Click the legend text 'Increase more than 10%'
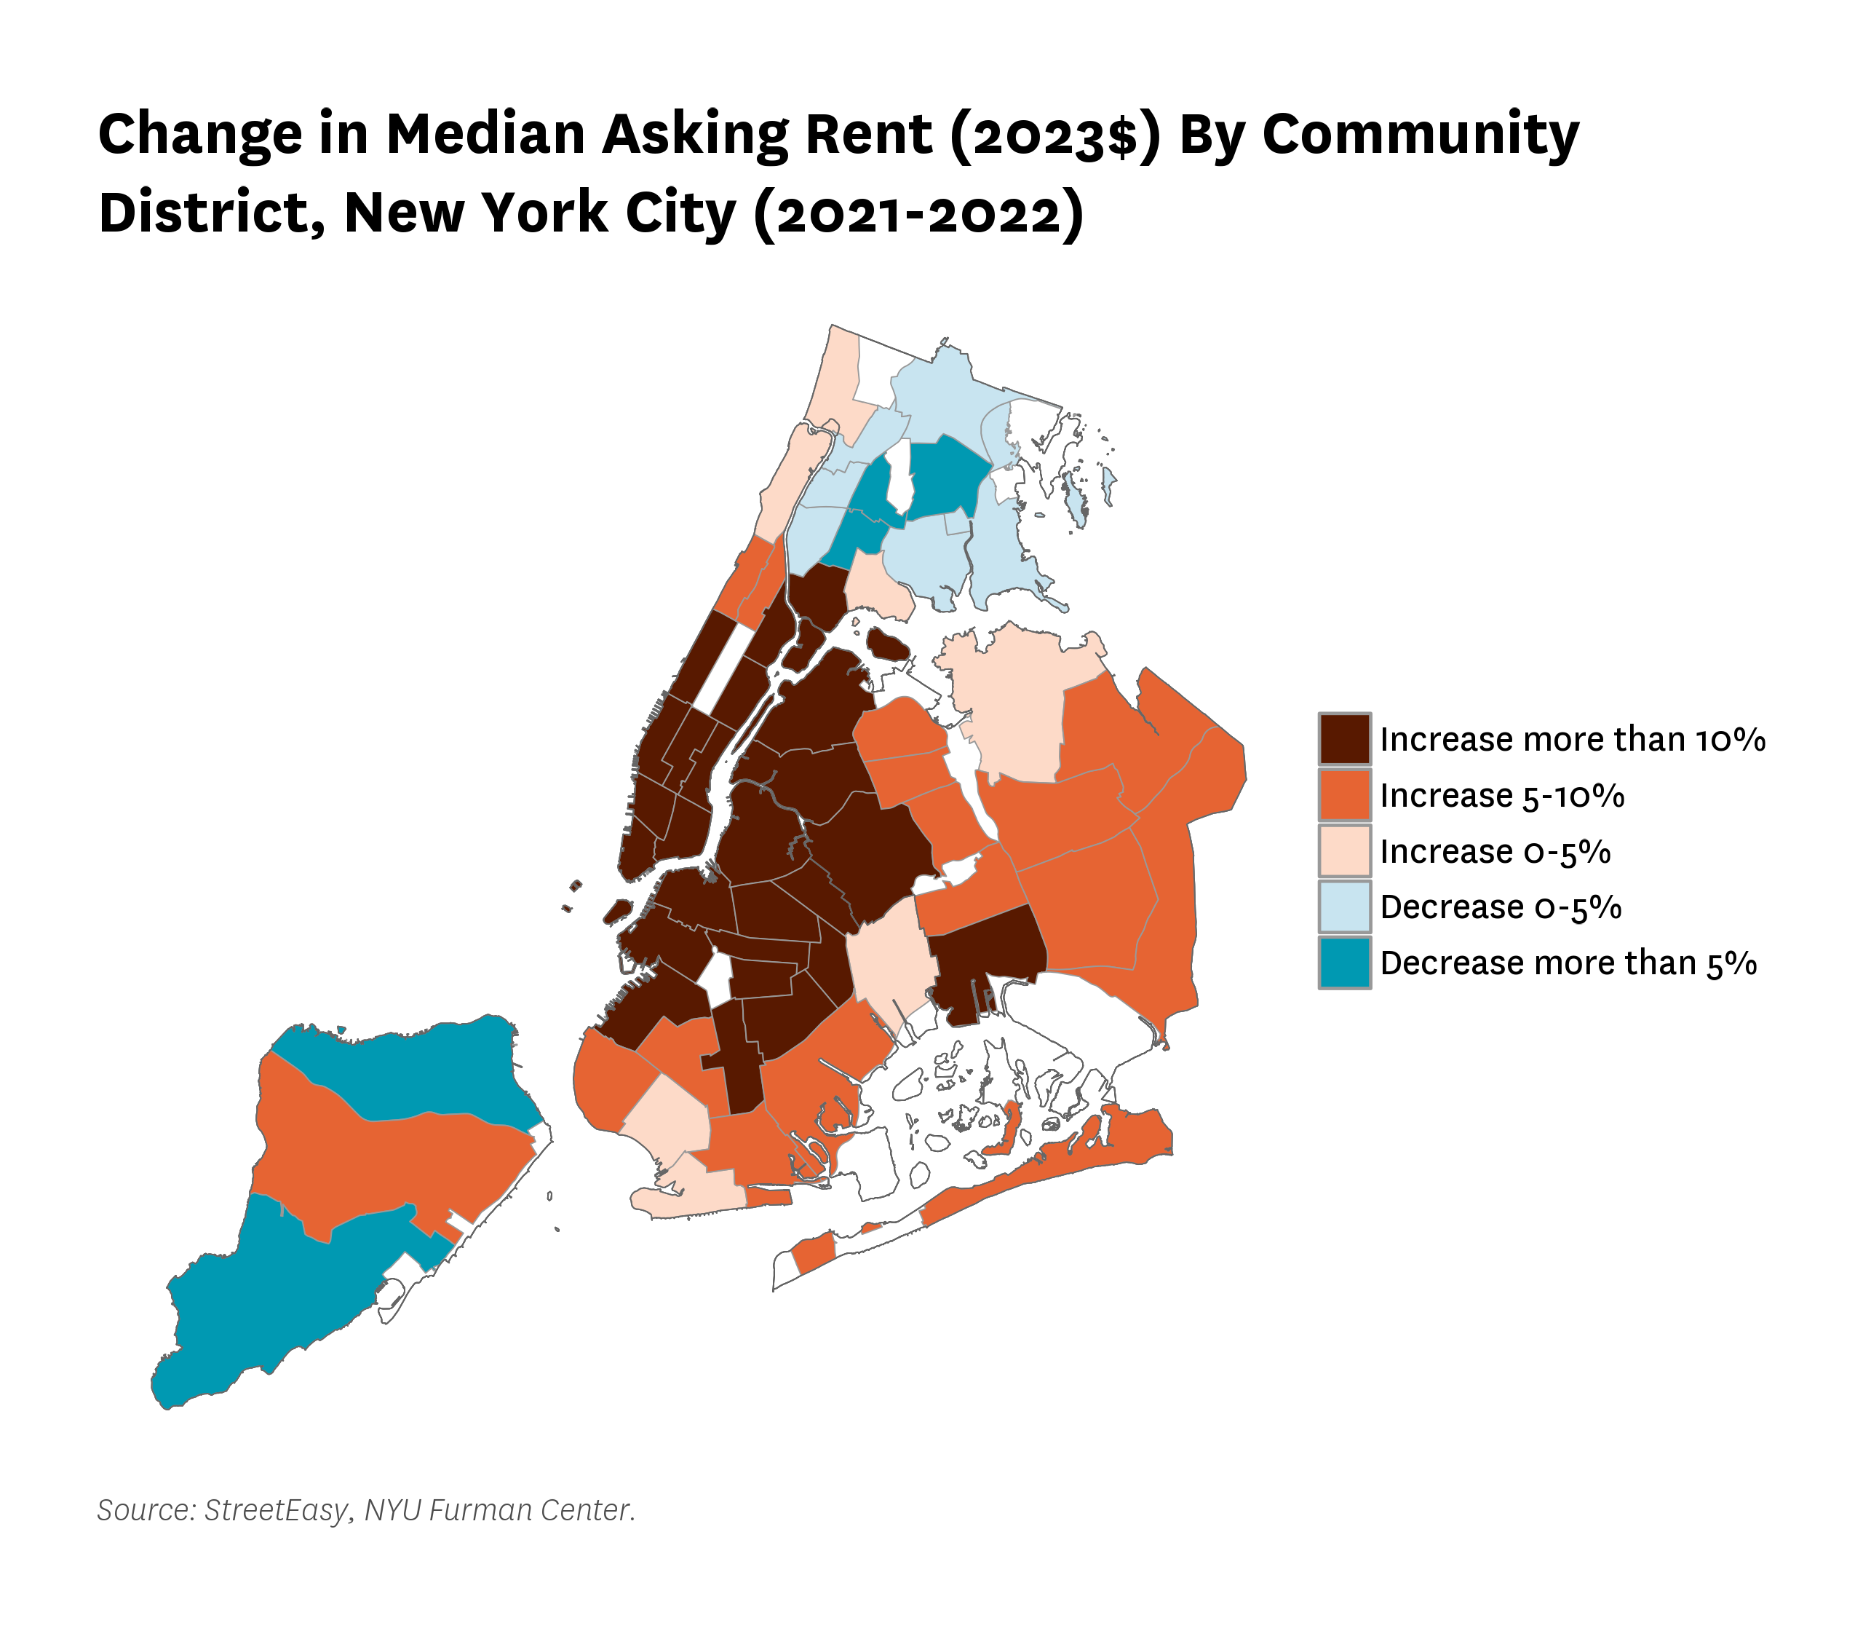click(1573, 739)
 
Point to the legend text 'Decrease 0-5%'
click(1501, 907)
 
